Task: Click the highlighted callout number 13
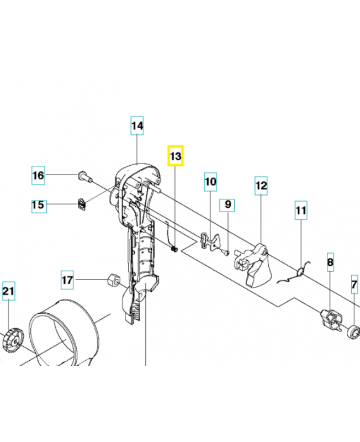[x=175, y=156]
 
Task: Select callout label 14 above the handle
[x=137, y=127]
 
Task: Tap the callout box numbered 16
[x=38, y=176]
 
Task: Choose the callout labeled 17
[x=67, y=280]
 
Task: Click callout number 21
[x=8, y=291]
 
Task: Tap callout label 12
[x=261, y=186]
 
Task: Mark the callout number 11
[x=300, y=211]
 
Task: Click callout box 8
[x=330, y=262]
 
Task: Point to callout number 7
[x=354, y=285]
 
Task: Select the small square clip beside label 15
[x=82, y=204]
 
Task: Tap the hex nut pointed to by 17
[x=112, y=280]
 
